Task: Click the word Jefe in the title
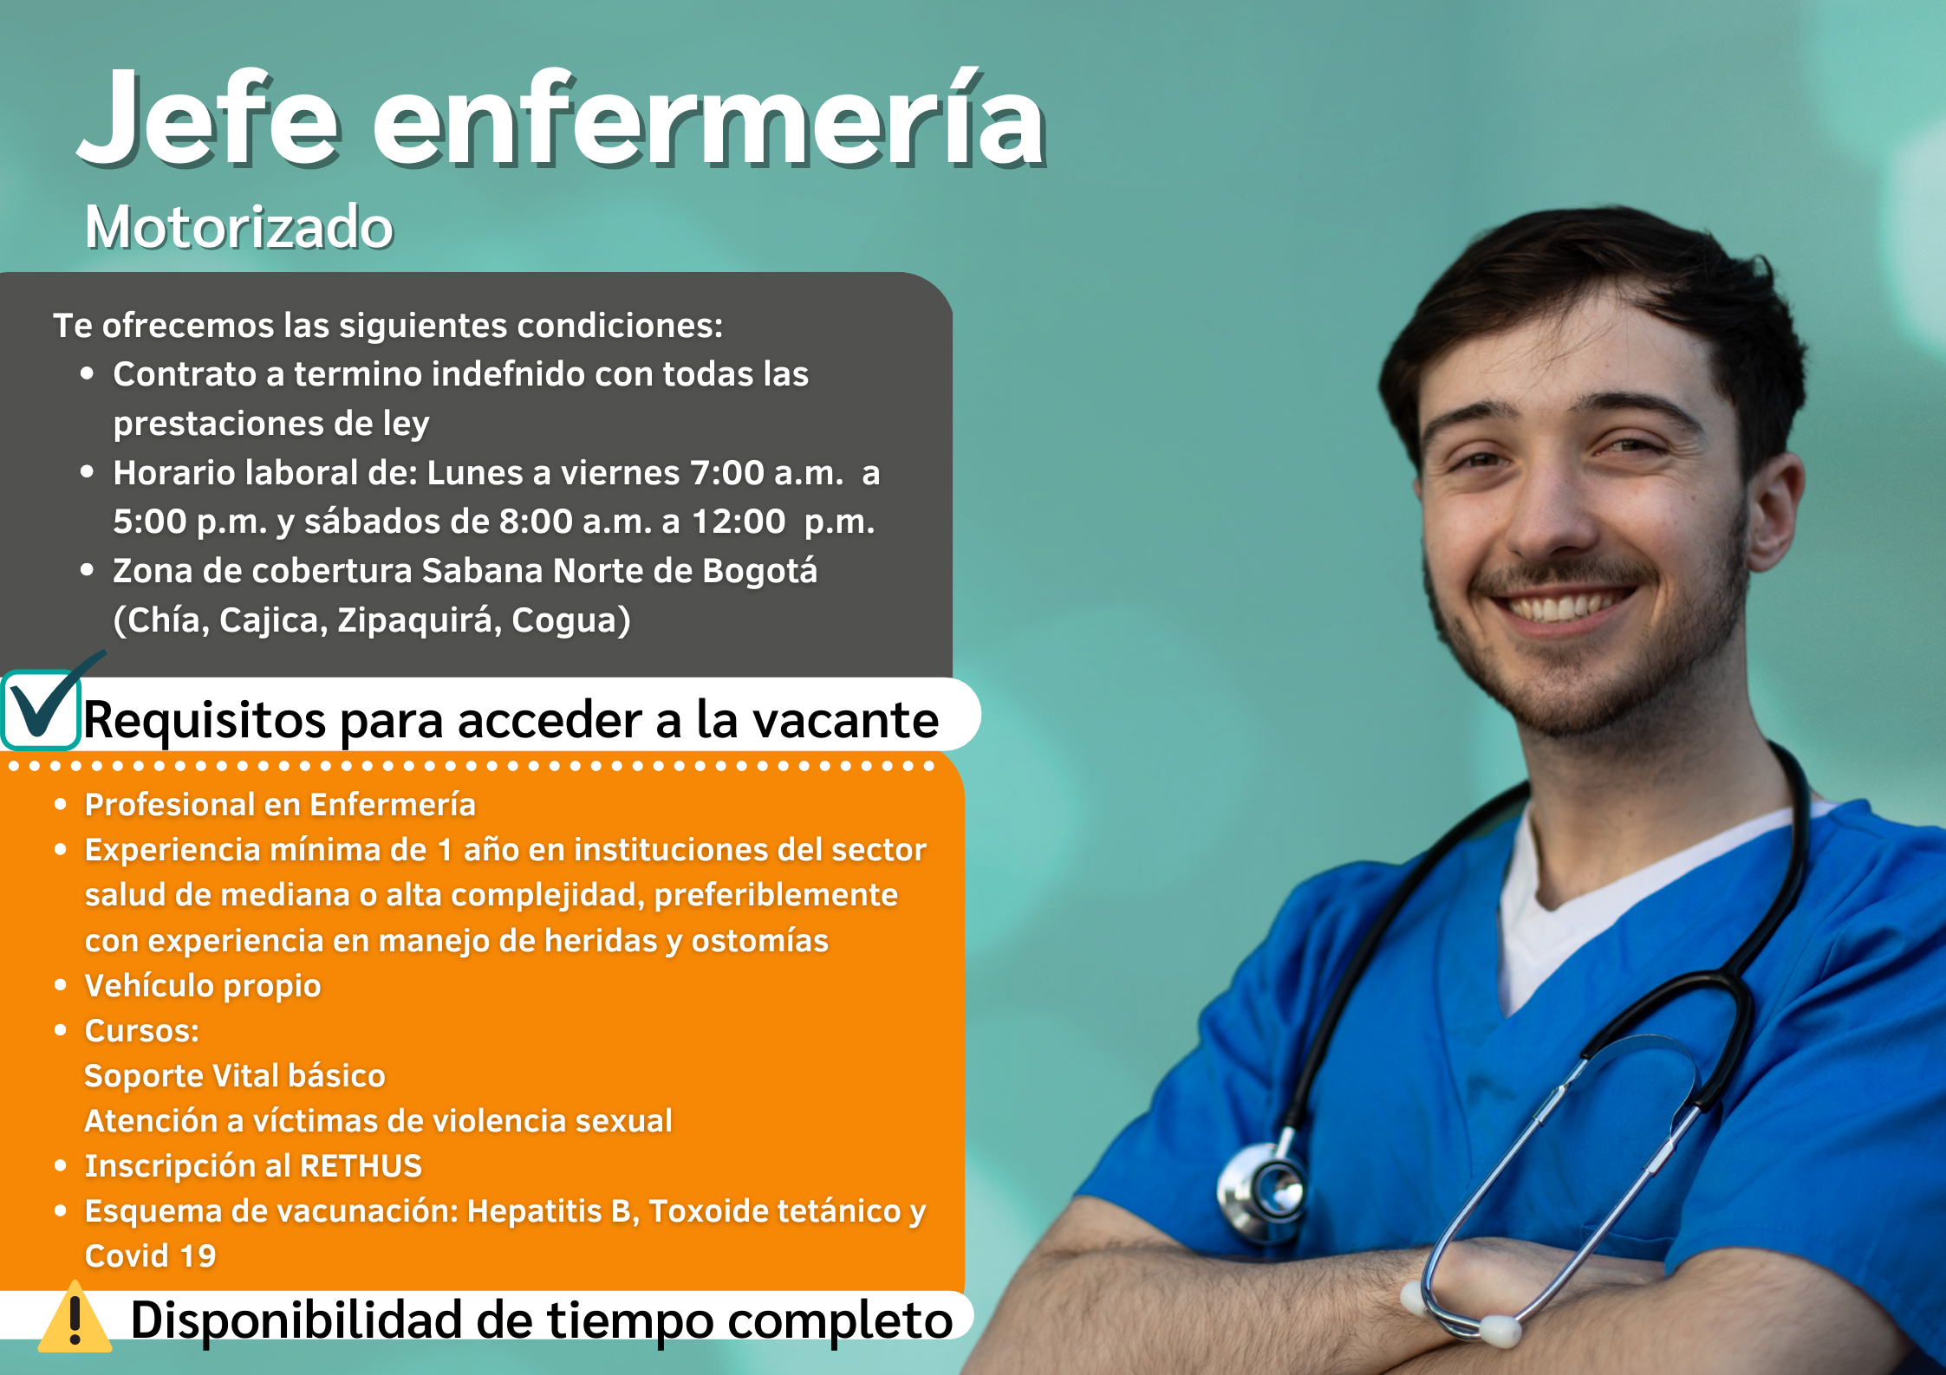pyautogui.click(x=209, y=119)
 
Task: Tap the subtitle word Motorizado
pyautogui.click(x=239, y=227)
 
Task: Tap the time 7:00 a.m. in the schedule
pyautogui.click(x=766, y=473)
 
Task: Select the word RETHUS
pyautogui.click(x=361, y=1166)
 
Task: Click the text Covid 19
pyautogui.click(x=150, y=1256)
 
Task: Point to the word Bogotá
pyautogui.click(x=759, y=571)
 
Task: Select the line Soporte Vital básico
pyautogui.click(x=235, y=1076)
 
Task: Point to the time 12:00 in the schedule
pyautogui.click(x=739, y=522)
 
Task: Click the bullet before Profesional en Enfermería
pyautogui.click(x=61, y=805)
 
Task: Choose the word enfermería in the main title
pyautogui.click(x=709, y=119)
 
